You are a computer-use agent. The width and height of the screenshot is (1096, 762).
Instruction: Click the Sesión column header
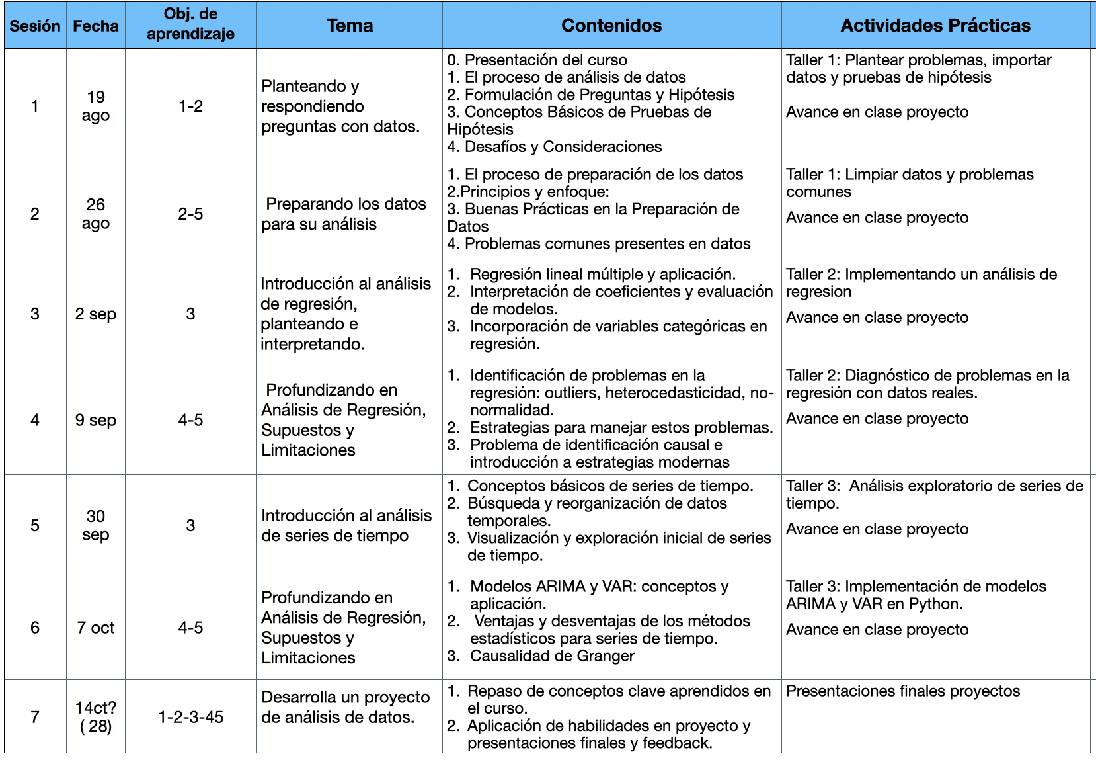tap(35, 26)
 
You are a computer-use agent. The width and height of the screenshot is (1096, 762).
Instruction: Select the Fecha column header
tap(96, 26)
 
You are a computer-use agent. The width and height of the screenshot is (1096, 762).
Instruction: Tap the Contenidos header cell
tap(611, 26)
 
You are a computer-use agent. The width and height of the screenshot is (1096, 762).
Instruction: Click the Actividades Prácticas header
tap(935, 26)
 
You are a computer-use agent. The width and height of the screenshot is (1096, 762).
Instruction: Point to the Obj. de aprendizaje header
tap(190, 24)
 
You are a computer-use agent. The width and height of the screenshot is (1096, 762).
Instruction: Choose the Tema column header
tap(350, 26)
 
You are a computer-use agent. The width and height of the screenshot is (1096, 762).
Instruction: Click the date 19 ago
tap(96, 106)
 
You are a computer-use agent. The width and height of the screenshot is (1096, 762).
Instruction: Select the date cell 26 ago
tap(96, 214)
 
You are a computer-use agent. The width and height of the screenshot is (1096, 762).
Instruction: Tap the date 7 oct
tap(96, 628)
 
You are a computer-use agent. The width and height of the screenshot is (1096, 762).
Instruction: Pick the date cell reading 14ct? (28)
tap(96, 717)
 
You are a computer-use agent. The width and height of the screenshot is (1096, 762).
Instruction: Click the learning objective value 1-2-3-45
tap(190, 717)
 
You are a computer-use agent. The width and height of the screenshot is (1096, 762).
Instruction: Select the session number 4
tap(35, 420)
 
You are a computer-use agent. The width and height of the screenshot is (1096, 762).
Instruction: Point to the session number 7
tap(35, 717)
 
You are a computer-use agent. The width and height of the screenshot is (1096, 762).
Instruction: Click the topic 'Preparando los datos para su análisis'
tap(344, 214)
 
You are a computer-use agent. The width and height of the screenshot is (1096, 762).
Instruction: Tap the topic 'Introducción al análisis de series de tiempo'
tap(346, 525)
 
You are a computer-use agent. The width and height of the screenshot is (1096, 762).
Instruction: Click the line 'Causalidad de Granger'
tap(552, 656)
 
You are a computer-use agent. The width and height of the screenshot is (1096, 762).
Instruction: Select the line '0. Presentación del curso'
tap(537, 60)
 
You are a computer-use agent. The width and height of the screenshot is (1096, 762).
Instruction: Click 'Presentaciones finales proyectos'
tap(902, 691)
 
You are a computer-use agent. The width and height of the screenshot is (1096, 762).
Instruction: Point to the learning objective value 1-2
tap(190, 106)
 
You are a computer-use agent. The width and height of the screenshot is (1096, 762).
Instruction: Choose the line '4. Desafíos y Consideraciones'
tap(554, 147)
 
